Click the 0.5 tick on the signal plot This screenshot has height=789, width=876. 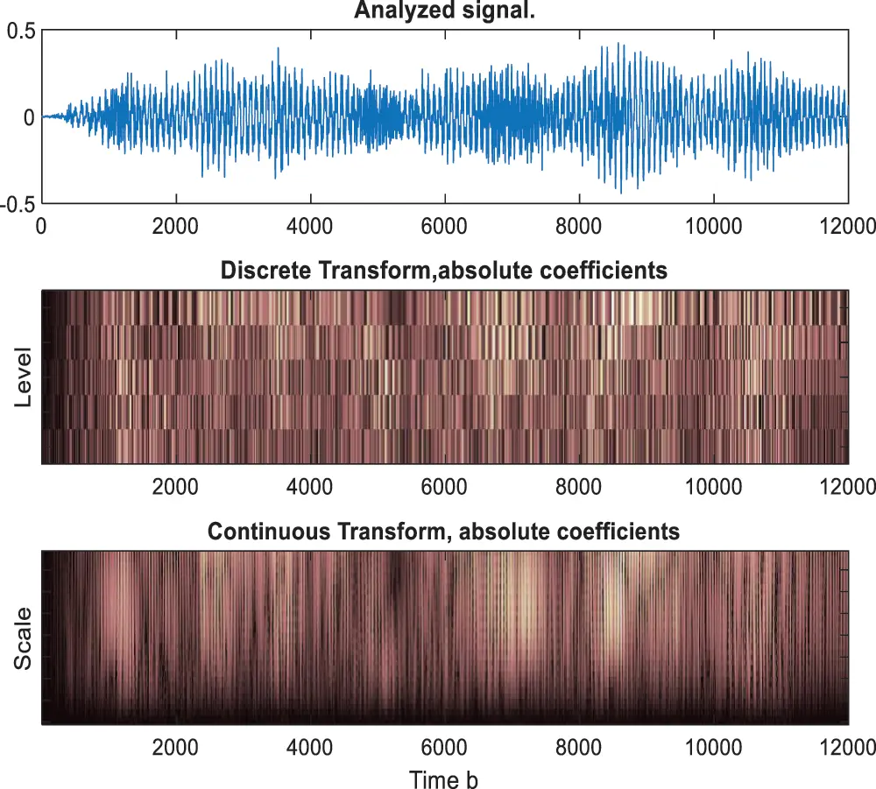click(21, 31)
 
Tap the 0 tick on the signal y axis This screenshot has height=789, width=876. click(29, 117)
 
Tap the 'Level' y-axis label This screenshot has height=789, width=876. click(24, 377)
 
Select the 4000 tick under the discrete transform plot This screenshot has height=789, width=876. click(309, 486)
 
